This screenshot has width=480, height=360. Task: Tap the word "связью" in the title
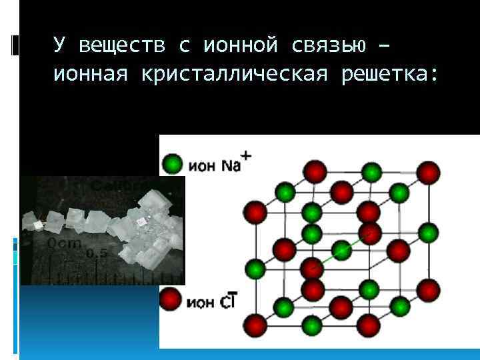click(331, 45)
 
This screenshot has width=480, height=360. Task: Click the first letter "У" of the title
click(59, 45)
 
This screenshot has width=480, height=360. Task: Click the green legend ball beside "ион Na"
click(172, 163)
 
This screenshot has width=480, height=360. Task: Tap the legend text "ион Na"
click(213, 165)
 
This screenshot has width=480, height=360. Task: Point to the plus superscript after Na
click(246, 155)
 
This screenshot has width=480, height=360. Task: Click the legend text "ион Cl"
click(209, 303)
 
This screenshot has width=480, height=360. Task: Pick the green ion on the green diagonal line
click(341, 251)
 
